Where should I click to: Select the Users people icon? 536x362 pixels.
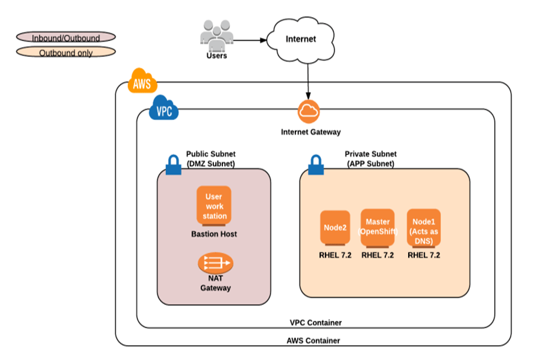[216, 36]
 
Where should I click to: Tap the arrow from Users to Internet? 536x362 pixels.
[250, 41]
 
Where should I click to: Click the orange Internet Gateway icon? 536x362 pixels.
[309, 111]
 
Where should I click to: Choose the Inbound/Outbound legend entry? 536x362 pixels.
[66, 37]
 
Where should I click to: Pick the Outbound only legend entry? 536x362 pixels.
[66, 52]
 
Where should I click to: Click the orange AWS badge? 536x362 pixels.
[143, 83]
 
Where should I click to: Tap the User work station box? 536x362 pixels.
[213, 206]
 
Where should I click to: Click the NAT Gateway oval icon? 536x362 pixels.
[215, 263]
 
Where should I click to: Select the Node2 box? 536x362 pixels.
[335, 228]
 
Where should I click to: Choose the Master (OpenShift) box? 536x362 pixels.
[377, 227]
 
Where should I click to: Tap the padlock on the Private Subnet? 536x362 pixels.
[315, 165]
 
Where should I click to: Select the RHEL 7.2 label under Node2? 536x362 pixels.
[335, 255]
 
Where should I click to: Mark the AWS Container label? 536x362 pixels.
[314, 340]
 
